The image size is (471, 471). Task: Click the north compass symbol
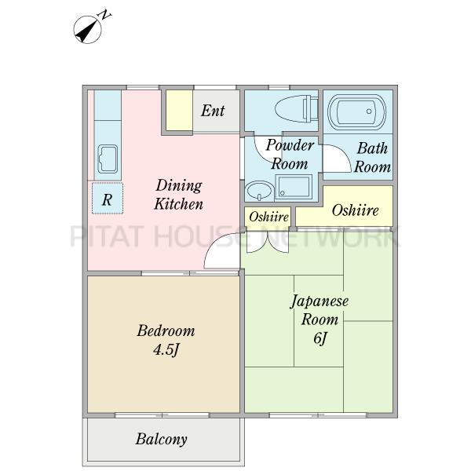click(89, 29)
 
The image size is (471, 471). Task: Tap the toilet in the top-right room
click(297, 108)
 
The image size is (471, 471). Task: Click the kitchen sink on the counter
click(108, 159)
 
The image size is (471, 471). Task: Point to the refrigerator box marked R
click(108, 199)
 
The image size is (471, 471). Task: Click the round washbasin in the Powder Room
click(260, 191)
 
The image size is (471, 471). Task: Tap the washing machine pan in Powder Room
click(294, 187)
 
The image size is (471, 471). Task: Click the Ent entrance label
click(213, 111)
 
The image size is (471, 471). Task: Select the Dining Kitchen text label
click(179, 195)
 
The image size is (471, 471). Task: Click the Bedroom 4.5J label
click(166, 340)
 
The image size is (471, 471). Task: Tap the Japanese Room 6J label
click(319, 319)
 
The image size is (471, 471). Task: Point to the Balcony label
click(161, 439)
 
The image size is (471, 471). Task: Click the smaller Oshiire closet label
click(268, 217)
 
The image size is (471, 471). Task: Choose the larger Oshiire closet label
click(355, 210)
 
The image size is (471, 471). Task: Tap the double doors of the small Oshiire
click(268, 242)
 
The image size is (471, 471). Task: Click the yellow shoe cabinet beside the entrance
click(179, 111)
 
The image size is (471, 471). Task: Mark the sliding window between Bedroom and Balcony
click(162, 415)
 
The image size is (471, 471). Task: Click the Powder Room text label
click(290, 155)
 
